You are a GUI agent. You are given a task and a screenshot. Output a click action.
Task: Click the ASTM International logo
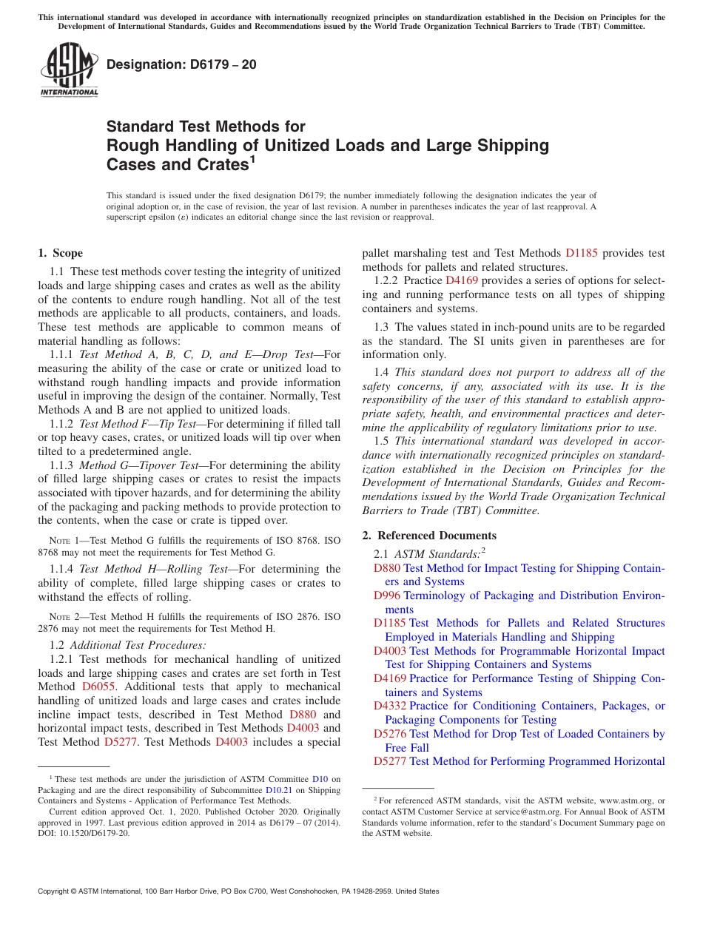(x=69, y=70)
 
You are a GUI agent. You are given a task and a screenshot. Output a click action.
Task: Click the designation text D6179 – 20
(x=181, y=64)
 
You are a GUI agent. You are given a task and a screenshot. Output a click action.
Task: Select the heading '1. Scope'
(x=61, y=253)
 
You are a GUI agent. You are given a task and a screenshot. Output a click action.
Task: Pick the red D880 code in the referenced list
(x=387, y=568)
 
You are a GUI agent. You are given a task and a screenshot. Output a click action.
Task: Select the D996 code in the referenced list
(x=387, y=596)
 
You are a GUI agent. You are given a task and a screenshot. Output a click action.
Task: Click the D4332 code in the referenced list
(x=390, y=706)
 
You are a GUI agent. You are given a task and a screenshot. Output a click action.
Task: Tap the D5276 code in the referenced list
(x=390, y=734)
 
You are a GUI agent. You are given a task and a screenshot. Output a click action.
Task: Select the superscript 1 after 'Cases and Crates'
(x=252, y=158)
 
